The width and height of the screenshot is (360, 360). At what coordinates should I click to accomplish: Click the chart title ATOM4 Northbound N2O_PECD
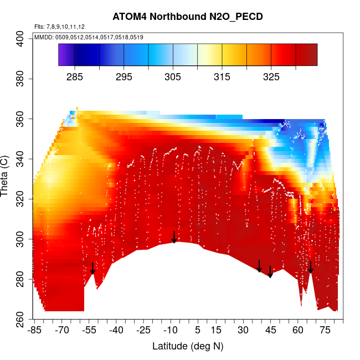pyautogui.click(x=187, y=17)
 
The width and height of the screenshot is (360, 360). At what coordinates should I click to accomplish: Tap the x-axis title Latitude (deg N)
pyautogui.click(x=188, y=346)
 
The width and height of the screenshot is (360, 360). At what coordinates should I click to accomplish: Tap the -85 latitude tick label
pyautogui.click(x=34, y=331)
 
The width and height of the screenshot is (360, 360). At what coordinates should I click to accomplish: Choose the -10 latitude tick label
pyautogui.click(x=171, y=331)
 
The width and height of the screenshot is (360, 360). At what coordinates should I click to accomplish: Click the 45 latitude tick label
pyautogui.click(x=270, y=331)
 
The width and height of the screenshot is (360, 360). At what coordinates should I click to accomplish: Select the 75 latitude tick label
pyautogui.click(x=325, y=331)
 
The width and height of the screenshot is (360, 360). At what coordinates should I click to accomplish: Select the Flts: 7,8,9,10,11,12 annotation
pyautogui.click(x=59, y=27)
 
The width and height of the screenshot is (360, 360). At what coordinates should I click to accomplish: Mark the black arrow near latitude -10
pyautogui.click(x=174, y=237)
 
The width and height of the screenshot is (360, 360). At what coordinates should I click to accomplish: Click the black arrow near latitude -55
pyautogui.click(x=92, y=268)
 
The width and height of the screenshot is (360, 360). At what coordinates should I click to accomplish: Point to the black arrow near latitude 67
pyautogui.click(x=311, y=267)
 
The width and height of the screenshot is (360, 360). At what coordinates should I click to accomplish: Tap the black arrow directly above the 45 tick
pyautogui.click(x=270, y=271)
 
